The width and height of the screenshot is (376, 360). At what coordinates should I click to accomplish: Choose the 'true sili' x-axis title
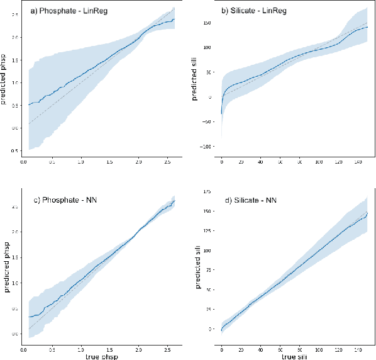292,356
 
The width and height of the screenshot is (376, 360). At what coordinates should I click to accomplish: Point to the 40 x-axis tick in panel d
261,348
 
